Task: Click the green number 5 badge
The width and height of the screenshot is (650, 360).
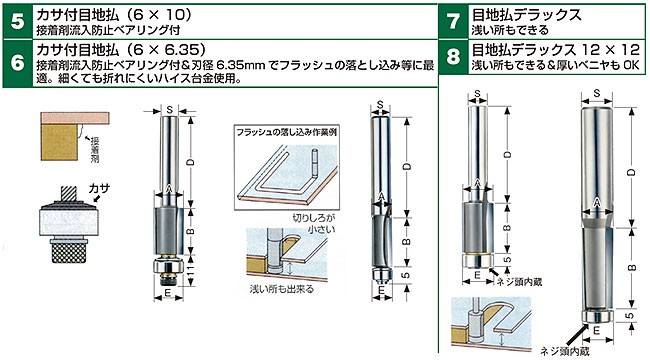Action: (17, 22)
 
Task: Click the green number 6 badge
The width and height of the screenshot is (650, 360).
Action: (17, 63)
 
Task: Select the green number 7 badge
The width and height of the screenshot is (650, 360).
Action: (454, 22)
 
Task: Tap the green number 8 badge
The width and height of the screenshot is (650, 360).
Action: (454, 57)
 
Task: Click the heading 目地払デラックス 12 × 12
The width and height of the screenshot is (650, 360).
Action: (556, 50)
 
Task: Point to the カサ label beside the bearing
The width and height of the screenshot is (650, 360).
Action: (99, 189)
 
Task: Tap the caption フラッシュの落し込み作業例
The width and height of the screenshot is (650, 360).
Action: (286, 132)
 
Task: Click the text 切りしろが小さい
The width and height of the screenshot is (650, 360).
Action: (314, 223)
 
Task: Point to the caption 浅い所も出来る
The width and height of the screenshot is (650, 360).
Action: (281, 289)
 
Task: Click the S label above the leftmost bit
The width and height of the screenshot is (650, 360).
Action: (169, 110)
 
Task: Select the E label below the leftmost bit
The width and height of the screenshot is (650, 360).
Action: (167, 293)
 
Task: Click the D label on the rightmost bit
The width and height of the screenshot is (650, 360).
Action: (631, 172)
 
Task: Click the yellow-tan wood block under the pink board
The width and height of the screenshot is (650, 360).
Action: (59, 142)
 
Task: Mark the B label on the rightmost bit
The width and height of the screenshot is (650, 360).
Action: (631, 268)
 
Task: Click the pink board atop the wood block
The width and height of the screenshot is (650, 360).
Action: (75, 118)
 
